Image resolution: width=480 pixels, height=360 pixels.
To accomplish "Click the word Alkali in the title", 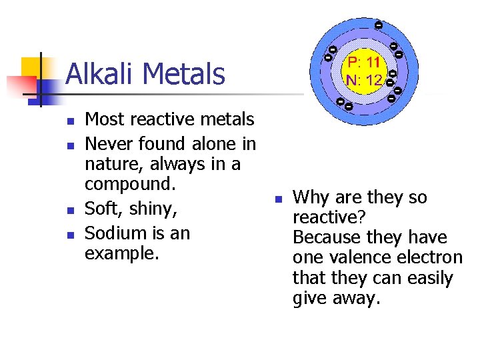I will tap(101, 74).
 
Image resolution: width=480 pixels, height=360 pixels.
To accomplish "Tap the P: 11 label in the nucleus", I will tap(363, 62).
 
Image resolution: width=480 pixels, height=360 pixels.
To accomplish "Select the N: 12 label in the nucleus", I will tap(363, 80).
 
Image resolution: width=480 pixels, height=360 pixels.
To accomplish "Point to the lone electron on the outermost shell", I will tap(378, 25).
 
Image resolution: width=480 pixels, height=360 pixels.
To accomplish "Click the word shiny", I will tap(153, 209).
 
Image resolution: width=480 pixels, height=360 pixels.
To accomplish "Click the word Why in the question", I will tap(310, 198).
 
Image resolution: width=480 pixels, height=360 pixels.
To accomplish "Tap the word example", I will tap(122, 253).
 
